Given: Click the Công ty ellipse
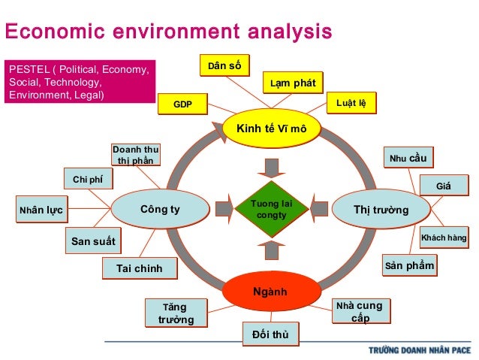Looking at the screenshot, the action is click(x=159, y=209).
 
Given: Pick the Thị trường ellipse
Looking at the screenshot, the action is click(x=381, y=209).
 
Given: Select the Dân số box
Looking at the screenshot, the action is click(x=224, y=66).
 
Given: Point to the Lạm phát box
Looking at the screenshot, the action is click(x=292, y=82).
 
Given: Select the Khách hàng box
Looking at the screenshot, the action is click(x=444, y=238).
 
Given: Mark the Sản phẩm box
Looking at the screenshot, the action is click(x=409, y=265).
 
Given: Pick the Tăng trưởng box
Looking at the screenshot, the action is click(x=176, y=313).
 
